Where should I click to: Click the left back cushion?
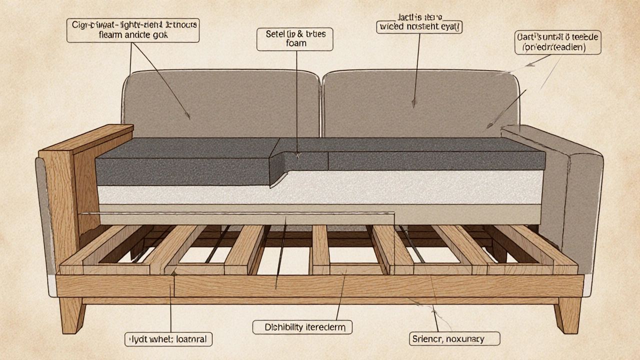(220, 102)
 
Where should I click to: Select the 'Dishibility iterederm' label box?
(301, 327)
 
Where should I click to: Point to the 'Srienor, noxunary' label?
(454, 339)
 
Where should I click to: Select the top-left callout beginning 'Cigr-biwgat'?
(132, 29)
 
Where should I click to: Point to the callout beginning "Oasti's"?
(557, 42)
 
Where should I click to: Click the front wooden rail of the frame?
(320, 286)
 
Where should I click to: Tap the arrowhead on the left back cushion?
(188, 117)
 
